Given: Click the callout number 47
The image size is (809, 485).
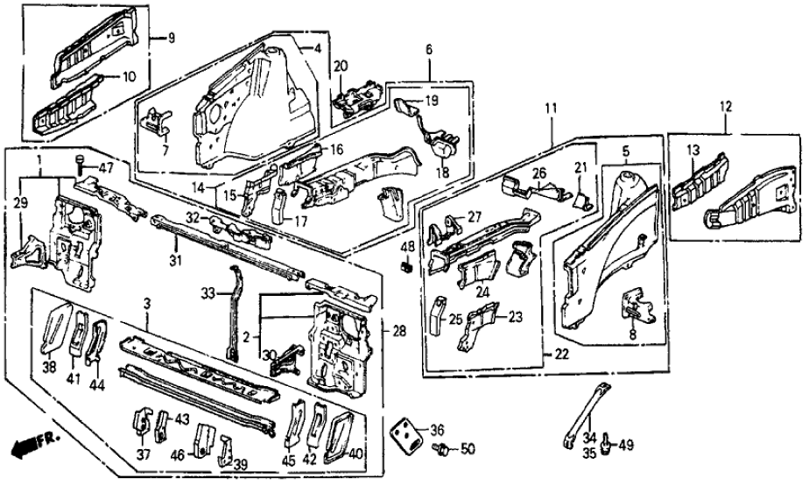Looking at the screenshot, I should [106, 167].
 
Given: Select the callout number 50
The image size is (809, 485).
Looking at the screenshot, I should [467, 450].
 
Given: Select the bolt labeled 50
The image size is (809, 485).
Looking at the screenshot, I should [443, 449].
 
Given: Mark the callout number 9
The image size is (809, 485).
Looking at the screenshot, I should [171, 38].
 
